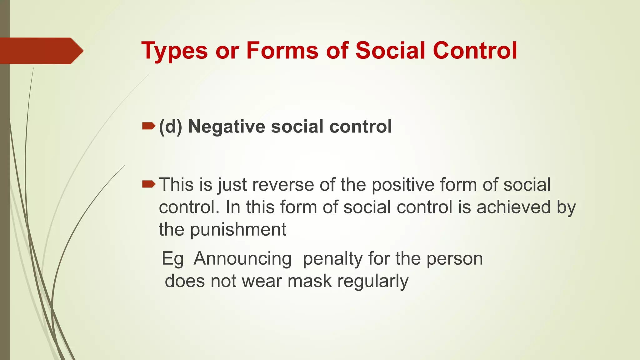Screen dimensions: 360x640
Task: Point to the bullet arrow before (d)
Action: [148, 126]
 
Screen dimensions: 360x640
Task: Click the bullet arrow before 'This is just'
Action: [148, 184]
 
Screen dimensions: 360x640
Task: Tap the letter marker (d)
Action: [171, 127]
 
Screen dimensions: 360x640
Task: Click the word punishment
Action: [238, 230]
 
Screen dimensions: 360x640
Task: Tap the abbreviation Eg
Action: [172, 259]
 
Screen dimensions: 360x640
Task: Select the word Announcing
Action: [242, 259]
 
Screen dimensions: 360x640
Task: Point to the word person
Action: [455, 259]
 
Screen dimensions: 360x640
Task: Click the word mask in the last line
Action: [309, 281]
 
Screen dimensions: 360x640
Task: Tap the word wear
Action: [262, 281]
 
